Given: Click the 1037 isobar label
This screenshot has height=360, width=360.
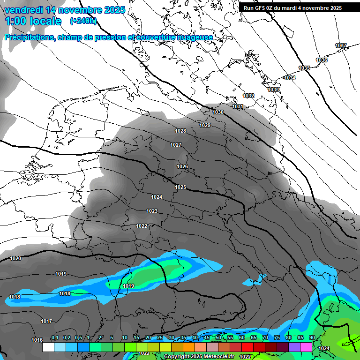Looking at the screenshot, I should pos(341,45).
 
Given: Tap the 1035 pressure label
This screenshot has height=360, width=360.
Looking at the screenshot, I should pos(304,68).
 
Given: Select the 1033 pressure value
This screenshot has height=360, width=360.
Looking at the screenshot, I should pos(273,90).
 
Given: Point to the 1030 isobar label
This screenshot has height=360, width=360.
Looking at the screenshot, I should pos(218,112).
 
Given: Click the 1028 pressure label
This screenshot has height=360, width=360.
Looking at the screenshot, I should pos(180,131).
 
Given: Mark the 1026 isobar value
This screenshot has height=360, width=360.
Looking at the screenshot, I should pos(182,167).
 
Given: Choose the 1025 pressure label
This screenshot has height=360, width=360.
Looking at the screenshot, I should pos(180,187).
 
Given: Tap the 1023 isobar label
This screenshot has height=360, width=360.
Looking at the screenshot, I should pos(152,211).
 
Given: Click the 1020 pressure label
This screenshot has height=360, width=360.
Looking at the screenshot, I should pos(15,258).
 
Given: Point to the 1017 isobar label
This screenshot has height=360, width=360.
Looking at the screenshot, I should pos(46,321).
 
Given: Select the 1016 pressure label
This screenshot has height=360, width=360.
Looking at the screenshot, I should pos(37,340).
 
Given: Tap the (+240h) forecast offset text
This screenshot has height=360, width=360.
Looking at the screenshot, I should pos(83,21).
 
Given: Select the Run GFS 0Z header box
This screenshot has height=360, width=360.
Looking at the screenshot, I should pos(292,8).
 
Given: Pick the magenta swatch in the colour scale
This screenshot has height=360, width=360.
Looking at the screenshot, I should pos(306,347).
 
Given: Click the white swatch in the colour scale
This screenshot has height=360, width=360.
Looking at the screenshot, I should pos(48,347).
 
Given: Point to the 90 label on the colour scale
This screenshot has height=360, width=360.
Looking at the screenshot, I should pos(312,338).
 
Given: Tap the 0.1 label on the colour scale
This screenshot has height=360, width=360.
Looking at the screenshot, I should pos(54,338).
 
